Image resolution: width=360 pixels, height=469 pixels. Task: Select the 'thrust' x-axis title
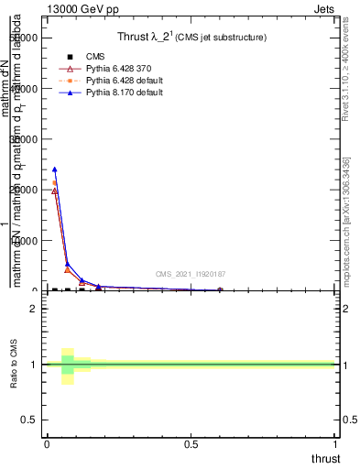pyautogui.click(x=325, y=458)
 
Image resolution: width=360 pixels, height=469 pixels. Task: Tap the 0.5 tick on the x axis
pyautogui.click(x=191, y=442)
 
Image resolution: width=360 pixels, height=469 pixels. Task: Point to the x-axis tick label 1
pyautogui.click(x=336, y=442)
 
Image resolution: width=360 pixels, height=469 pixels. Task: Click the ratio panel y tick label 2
pyautogui.click(x=33, y=309)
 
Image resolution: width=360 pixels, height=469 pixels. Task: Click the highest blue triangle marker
pyautogui.click(x=55, y=169)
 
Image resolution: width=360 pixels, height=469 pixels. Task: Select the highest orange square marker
pyautogui.click(x=55, y=183)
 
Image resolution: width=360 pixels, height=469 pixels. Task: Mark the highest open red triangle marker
pyautogui.click(x=55, y=191)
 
